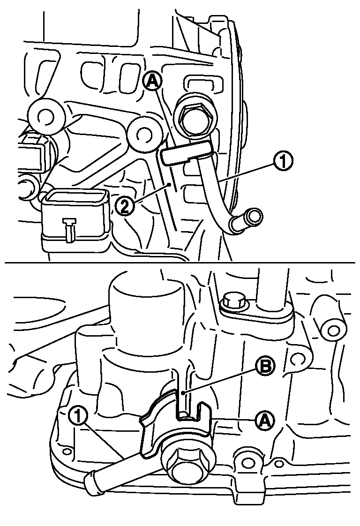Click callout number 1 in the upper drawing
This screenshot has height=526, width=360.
[x=283, y=162]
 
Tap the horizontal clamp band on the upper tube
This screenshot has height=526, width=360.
[x=186, y=153]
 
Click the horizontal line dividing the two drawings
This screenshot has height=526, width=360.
[x=180, y=262]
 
